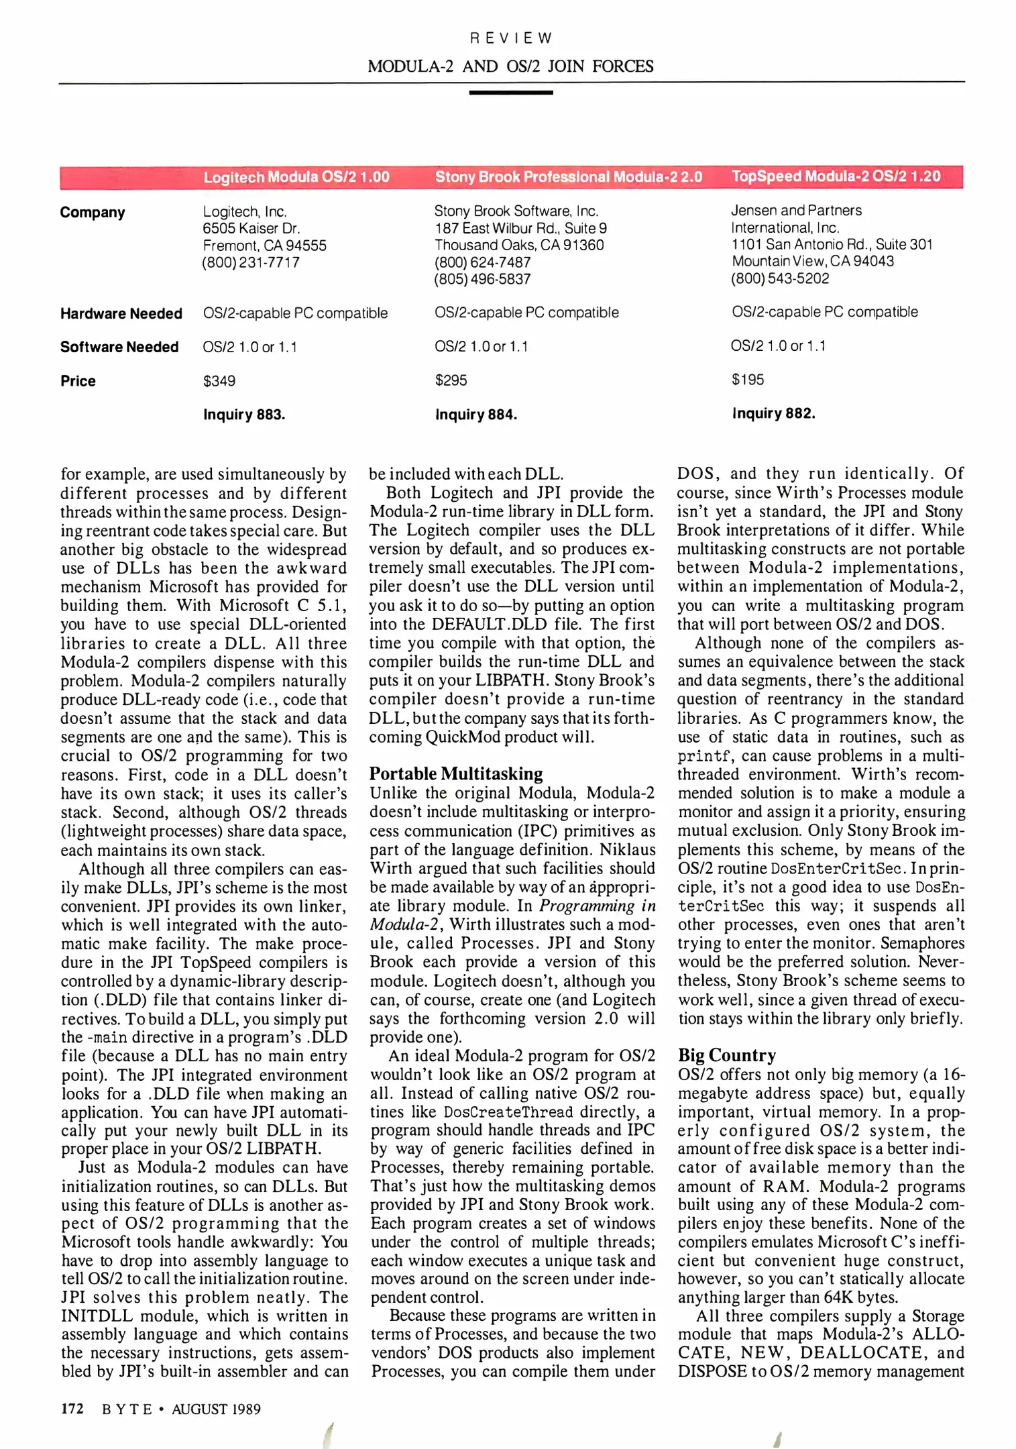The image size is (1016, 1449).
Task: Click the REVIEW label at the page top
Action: click(x=510, y=38)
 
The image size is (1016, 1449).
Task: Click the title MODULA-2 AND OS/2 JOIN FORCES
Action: click(x=510, y=66)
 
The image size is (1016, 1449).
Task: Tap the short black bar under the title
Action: click(x=510, y=93)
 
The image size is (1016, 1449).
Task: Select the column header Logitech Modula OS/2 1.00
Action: click(x=296, y=177)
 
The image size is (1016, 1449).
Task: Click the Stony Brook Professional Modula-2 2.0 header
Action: click(x=568, y=177)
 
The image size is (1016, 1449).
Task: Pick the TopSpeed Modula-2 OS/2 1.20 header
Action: click(x=836, y=176)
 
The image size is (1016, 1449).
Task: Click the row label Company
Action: click(x=93, y=213)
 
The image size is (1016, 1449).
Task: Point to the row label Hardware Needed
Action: click(x=121, y=314)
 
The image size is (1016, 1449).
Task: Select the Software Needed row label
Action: click(x=119, y=347)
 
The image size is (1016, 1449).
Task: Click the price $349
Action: click(x=219, y=381)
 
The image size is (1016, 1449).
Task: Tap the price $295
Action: click(x=451, y=380)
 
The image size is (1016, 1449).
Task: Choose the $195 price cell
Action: click(x=748, y=380)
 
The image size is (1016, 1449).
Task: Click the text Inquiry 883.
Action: click(x=244, y=415)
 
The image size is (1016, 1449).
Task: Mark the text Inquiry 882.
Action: click(x=773, y=413)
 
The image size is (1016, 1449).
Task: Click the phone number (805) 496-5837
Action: click(x=482, y=279)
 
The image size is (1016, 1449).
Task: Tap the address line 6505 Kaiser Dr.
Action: click(x=251, y=229)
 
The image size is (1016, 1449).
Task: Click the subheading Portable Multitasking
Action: click(x=456, y=773)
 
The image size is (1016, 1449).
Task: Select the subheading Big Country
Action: click(x=726, y=1055)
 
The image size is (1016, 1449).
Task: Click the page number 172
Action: click(x=72, y=1409)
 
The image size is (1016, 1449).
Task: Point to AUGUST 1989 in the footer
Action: click(x=216, y=1409)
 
